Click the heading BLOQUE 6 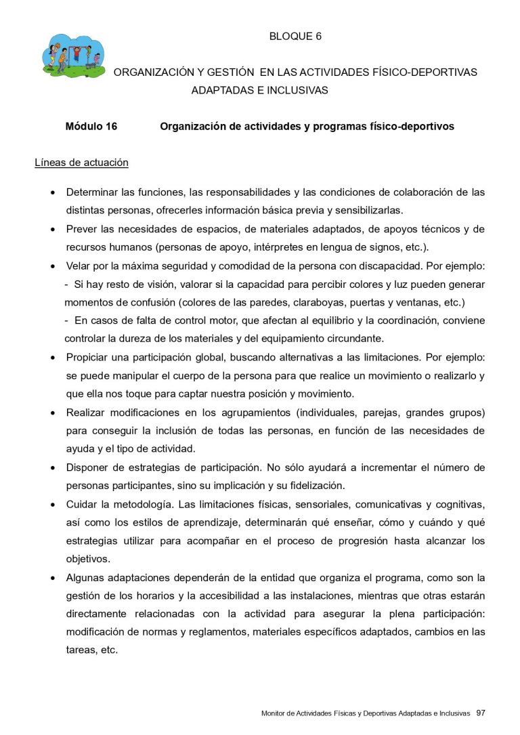[295, 37]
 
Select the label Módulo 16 [91, 127]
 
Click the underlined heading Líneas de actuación [81, 163]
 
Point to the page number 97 [481, 713]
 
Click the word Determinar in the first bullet [92, 192]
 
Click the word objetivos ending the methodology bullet [87, 559]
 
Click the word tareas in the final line [81, 650]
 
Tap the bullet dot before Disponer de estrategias [53, 468]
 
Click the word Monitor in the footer [274, 713]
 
